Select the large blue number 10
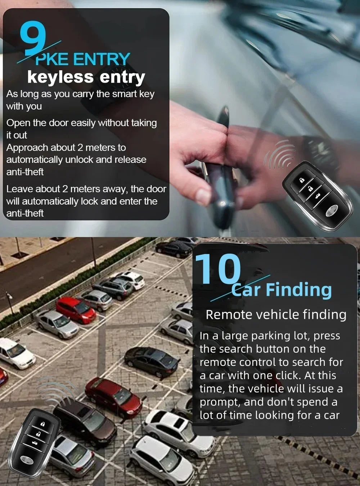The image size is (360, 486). click(218, 269)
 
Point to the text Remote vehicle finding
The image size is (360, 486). click(276, 314)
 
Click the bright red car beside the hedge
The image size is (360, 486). click(76, 310)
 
